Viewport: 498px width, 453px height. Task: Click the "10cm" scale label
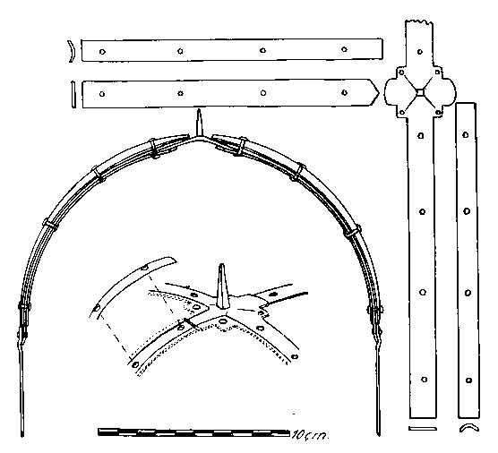point(309,434)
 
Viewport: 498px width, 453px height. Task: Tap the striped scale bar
point(193,432)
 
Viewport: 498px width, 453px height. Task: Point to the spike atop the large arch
point(199,123)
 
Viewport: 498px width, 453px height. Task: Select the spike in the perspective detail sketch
point(222,286)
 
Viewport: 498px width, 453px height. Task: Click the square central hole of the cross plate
point(420,92)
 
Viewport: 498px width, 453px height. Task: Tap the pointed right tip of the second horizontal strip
point(379,93)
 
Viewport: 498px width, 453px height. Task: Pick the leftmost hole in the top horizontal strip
point(102,52)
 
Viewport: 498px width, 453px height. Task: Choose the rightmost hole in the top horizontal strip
point(344,49)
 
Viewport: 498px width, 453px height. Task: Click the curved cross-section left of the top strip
point(72,51)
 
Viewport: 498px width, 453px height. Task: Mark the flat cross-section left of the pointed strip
point(73,95)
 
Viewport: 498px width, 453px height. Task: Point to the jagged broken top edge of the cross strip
point(418,22)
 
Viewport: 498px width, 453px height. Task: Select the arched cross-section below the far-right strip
point(469,427)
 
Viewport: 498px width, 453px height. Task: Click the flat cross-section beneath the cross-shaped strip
point(423,428)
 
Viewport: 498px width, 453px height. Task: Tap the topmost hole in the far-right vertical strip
point(466,135)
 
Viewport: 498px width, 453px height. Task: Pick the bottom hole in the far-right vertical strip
point(468,380)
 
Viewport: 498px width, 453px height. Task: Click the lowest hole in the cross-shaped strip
point(424,380)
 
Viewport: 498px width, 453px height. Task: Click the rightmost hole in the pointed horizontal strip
point(344,93)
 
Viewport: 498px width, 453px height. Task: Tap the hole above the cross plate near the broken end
point(420,52)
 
